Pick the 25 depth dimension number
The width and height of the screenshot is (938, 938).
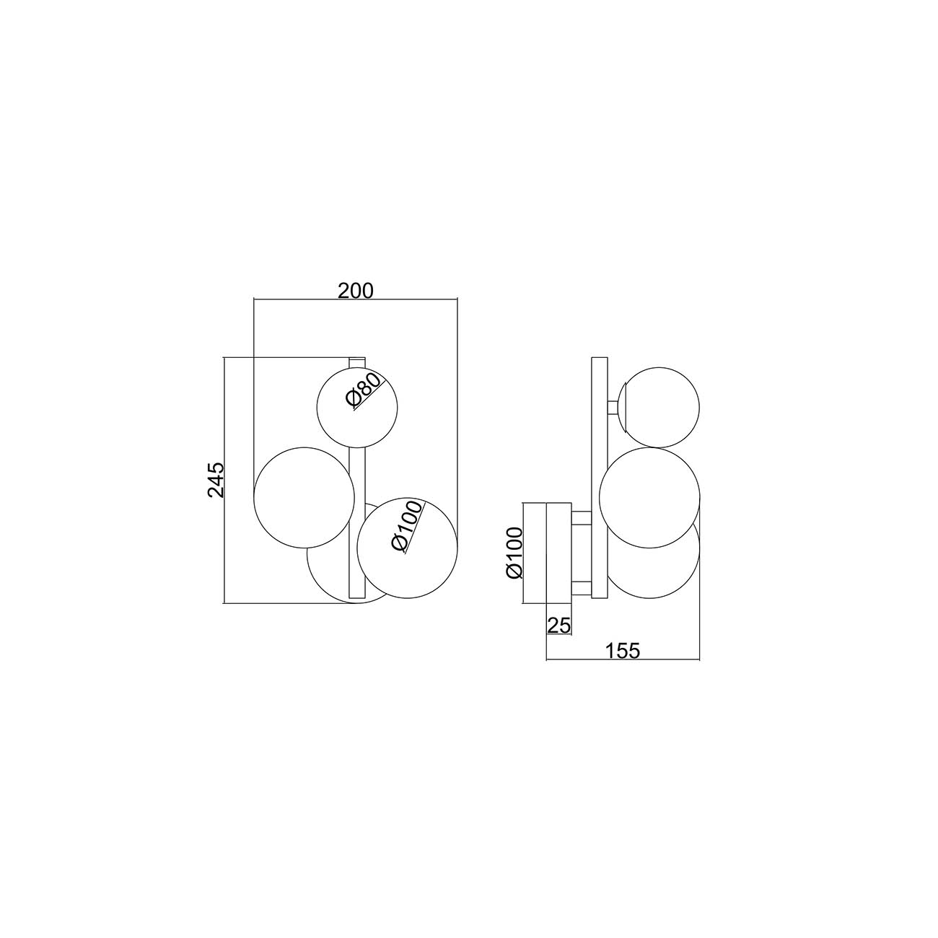558,626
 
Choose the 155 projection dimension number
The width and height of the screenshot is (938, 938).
622,651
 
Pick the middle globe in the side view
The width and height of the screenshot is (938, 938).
649,491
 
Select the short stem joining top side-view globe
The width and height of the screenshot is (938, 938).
614,407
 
